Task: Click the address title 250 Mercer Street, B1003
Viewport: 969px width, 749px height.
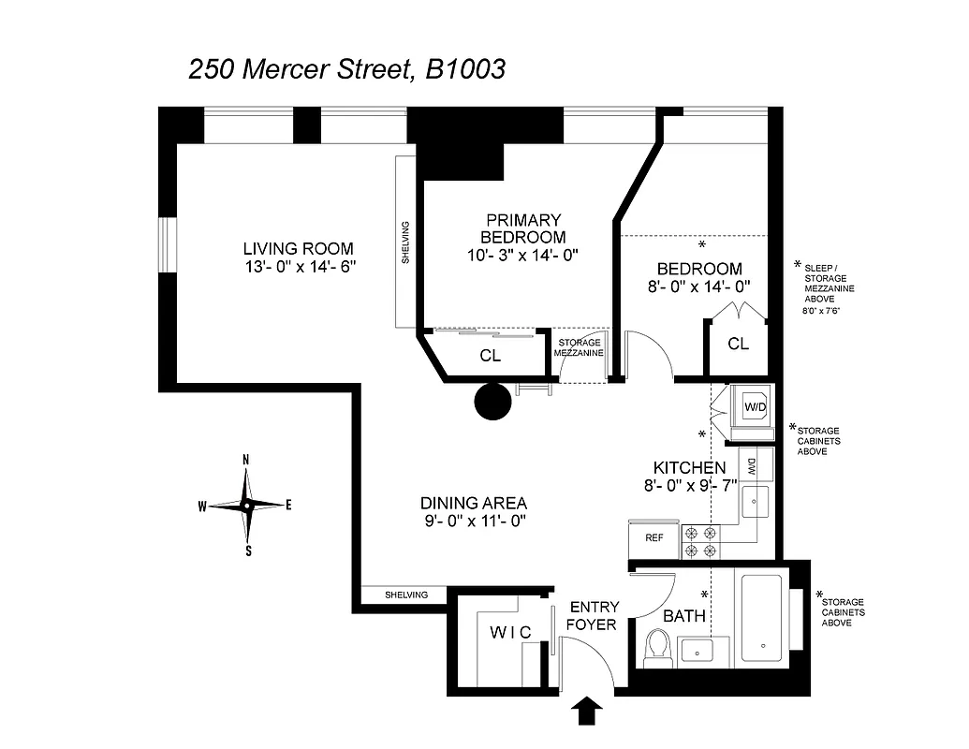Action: click(x=347, y=69)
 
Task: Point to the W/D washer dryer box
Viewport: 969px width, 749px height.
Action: click(x=754, y=407)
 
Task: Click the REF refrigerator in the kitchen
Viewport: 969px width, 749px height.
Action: click(x=654, y=538)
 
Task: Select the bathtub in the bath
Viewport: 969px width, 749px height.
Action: click(x=765, y=618)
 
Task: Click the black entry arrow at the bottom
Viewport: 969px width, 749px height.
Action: click(x=586, y=711)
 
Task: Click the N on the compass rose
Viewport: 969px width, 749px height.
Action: click(x=246, y=460)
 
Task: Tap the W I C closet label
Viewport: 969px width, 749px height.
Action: click(x=510, y=633)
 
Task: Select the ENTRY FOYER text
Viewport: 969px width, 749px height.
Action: click(x=594, y=615)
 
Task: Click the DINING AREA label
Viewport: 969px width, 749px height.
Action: click(x=473, y=502)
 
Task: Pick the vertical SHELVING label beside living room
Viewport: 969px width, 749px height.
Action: click(x=405, y=242)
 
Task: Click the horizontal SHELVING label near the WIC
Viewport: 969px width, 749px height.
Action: click(x=406, y=595)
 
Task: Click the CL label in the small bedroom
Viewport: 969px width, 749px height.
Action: click(x=738, y=344)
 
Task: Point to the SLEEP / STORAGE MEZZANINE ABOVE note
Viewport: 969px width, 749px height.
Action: click(x=825, y=285)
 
